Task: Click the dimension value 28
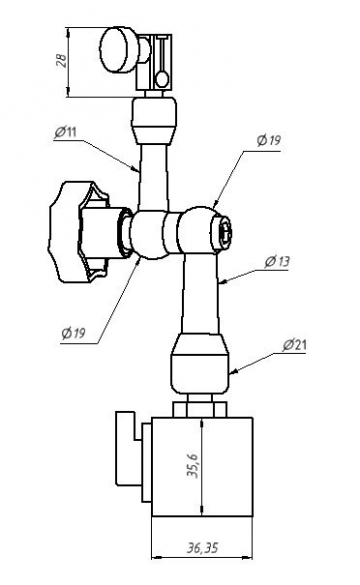pos(62,60)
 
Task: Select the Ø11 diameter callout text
pos(65,132)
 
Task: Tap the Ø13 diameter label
pos(277,262)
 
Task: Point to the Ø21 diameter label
pos(294,345)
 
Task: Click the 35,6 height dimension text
pos(193,466)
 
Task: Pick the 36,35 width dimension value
pos(203,548)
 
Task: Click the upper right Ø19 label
pos(269,140)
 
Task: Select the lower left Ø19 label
pos(73,333)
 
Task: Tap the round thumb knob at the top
pos(120,50)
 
